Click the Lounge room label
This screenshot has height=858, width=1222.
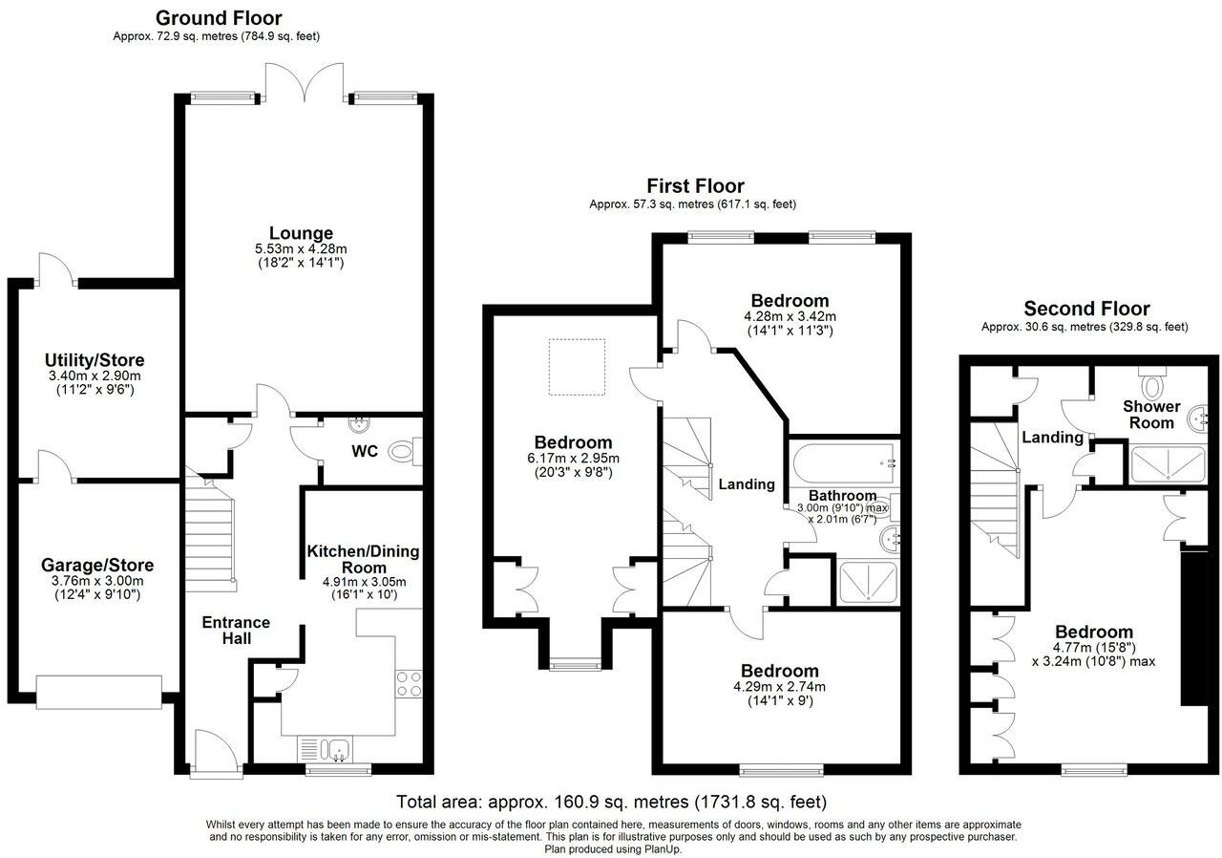coord(301,233)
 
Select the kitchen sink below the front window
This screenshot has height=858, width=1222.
coord(325,748)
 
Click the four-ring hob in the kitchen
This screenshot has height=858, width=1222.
coord(409,683)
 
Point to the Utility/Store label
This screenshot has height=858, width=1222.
coord(95,360)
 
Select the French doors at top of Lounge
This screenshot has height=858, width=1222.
coord(304,83)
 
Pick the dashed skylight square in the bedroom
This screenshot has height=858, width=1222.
coord(577,366)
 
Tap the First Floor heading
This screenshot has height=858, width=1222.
coord(695,185)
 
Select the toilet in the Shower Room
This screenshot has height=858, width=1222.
coord(1154,385)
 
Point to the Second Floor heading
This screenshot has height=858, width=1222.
coord(1086,309)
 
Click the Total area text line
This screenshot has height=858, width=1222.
coord(611,801)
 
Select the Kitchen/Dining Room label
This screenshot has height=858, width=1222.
coord(363,560)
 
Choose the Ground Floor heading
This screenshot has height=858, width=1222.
coord(219,17)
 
